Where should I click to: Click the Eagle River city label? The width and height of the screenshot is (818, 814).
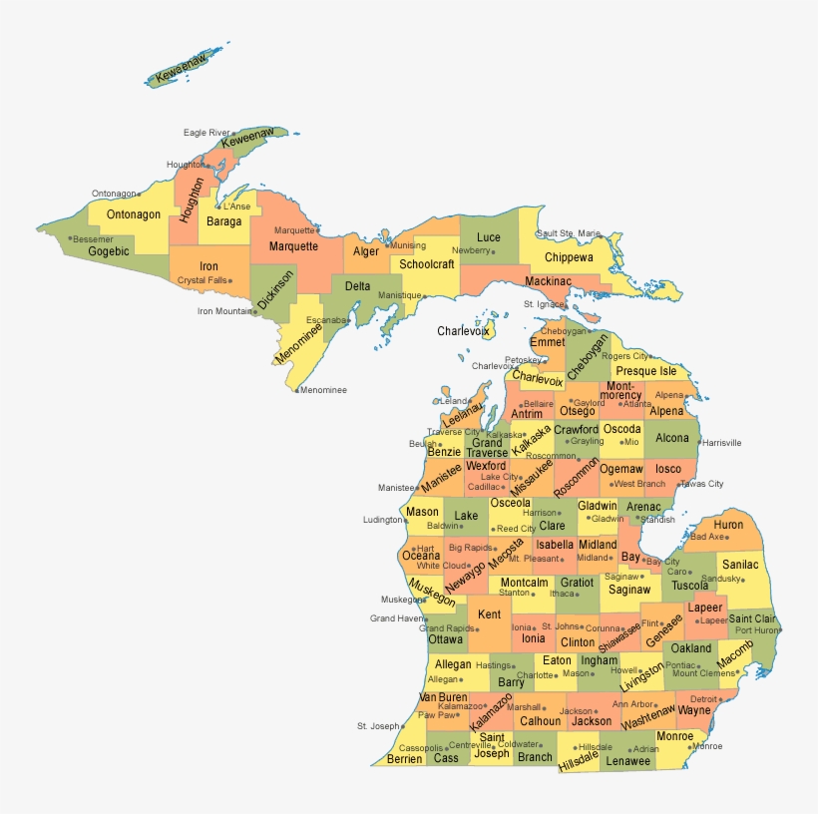pos(205,133)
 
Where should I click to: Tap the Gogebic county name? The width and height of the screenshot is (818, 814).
pos(109,251)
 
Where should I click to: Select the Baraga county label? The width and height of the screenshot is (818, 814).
pos(224,221)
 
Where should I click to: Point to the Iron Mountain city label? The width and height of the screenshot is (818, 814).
pos(223,311)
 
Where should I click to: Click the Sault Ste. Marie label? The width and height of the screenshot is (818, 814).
pos(568,233)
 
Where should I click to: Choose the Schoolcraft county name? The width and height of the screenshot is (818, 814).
pos(427,264)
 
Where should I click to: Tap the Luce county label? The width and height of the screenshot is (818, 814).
pos(489,237)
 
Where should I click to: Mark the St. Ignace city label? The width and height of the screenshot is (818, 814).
pos(544,304)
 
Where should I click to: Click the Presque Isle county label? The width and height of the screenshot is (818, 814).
pos(645,371)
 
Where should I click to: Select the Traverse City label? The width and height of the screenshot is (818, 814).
pos(453,432)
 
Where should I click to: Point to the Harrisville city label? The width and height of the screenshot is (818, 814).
pos(722,442)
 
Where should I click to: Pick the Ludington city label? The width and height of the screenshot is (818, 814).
pos(383,520)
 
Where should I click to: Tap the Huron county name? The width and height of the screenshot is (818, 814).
pos(728,525)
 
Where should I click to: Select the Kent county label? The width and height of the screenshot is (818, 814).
pos(490,615)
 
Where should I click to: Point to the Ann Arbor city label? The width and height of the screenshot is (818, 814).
pos(632,704)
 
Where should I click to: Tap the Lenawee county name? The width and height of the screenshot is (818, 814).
pos(628,761)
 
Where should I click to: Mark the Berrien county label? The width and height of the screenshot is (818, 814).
pos(404,759)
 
